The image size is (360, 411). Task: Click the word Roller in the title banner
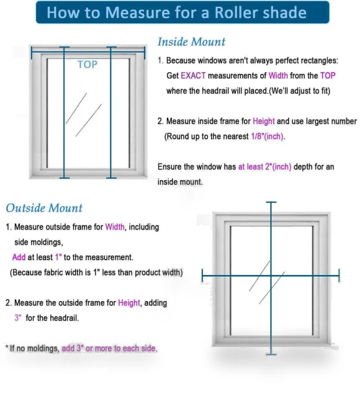[236, 12]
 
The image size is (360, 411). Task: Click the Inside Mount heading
[191, 42]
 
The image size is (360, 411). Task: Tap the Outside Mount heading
[44, 208]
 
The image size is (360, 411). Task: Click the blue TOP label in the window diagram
[88, 65]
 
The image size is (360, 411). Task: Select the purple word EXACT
[193, 76]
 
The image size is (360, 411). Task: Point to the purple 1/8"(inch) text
[268, 137]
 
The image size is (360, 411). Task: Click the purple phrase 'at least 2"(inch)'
[264, 167]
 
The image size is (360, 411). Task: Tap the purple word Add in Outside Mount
[19, 258]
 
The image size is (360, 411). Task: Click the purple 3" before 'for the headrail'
[18, 318]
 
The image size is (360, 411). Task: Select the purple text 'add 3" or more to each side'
[109, 348]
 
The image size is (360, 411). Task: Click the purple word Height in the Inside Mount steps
[264, 121]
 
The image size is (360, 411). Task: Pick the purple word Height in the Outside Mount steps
[129, 303]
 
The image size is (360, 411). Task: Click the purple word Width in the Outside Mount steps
[115, 227]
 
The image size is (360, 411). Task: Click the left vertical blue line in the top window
[64, 113]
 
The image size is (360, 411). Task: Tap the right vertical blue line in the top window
[111, 113]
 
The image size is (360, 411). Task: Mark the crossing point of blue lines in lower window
[271, 276]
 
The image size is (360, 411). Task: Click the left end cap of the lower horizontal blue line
[202, 276]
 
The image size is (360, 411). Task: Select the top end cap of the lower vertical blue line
[271, 202]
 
